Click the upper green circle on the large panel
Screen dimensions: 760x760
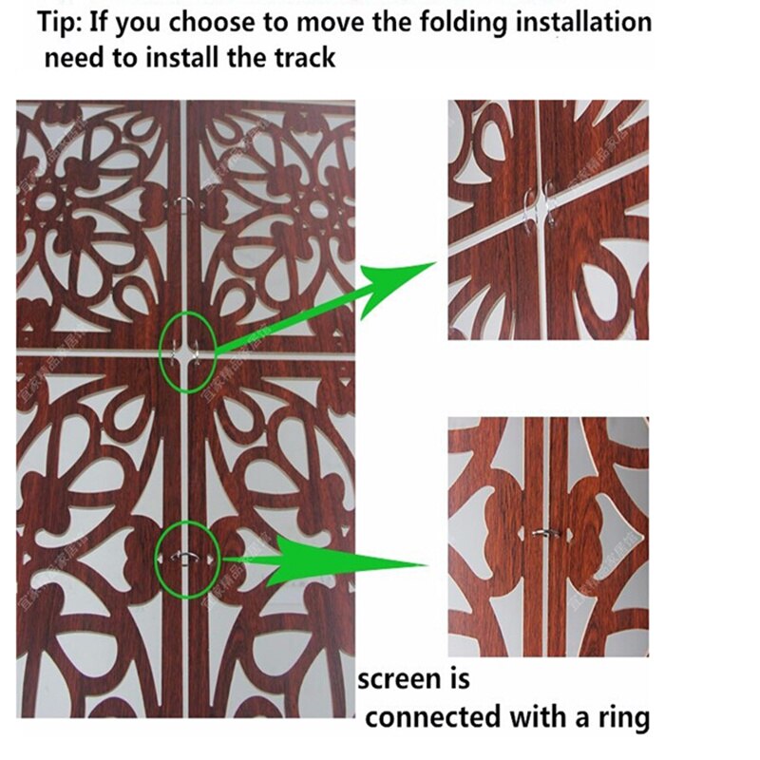pos(188,351)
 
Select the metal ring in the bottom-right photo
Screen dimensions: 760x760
pos(543,535)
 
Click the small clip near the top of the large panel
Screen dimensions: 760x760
pos(182,200)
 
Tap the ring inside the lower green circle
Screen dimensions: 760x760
pos(184,558)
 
